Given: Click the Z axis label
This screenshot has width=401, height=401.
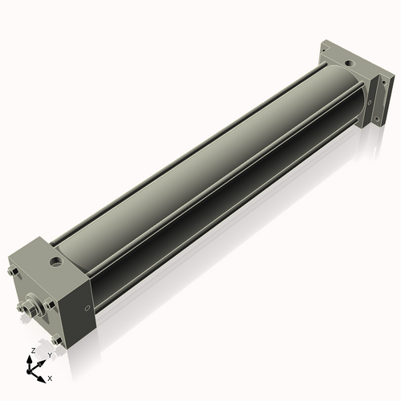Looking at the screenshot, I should (x=32, y=351).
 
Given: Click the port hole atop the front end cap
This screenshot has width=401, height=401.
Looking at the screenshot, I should (x=55, y=261).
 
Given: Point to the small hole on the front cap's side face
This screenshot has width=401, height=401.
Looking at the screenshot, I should (x=87, y=309).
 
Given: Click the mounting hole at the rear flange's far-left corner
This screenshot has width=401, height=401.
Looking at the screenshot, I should (x=325, y=51).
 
